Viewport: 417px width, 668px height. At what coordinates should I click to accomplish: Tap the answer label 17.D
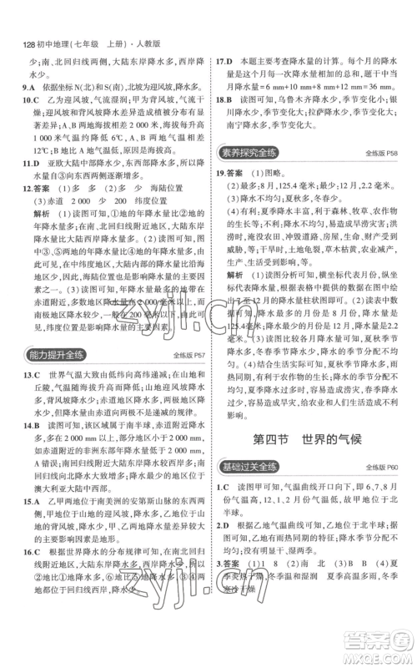(x=224, y=61)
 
